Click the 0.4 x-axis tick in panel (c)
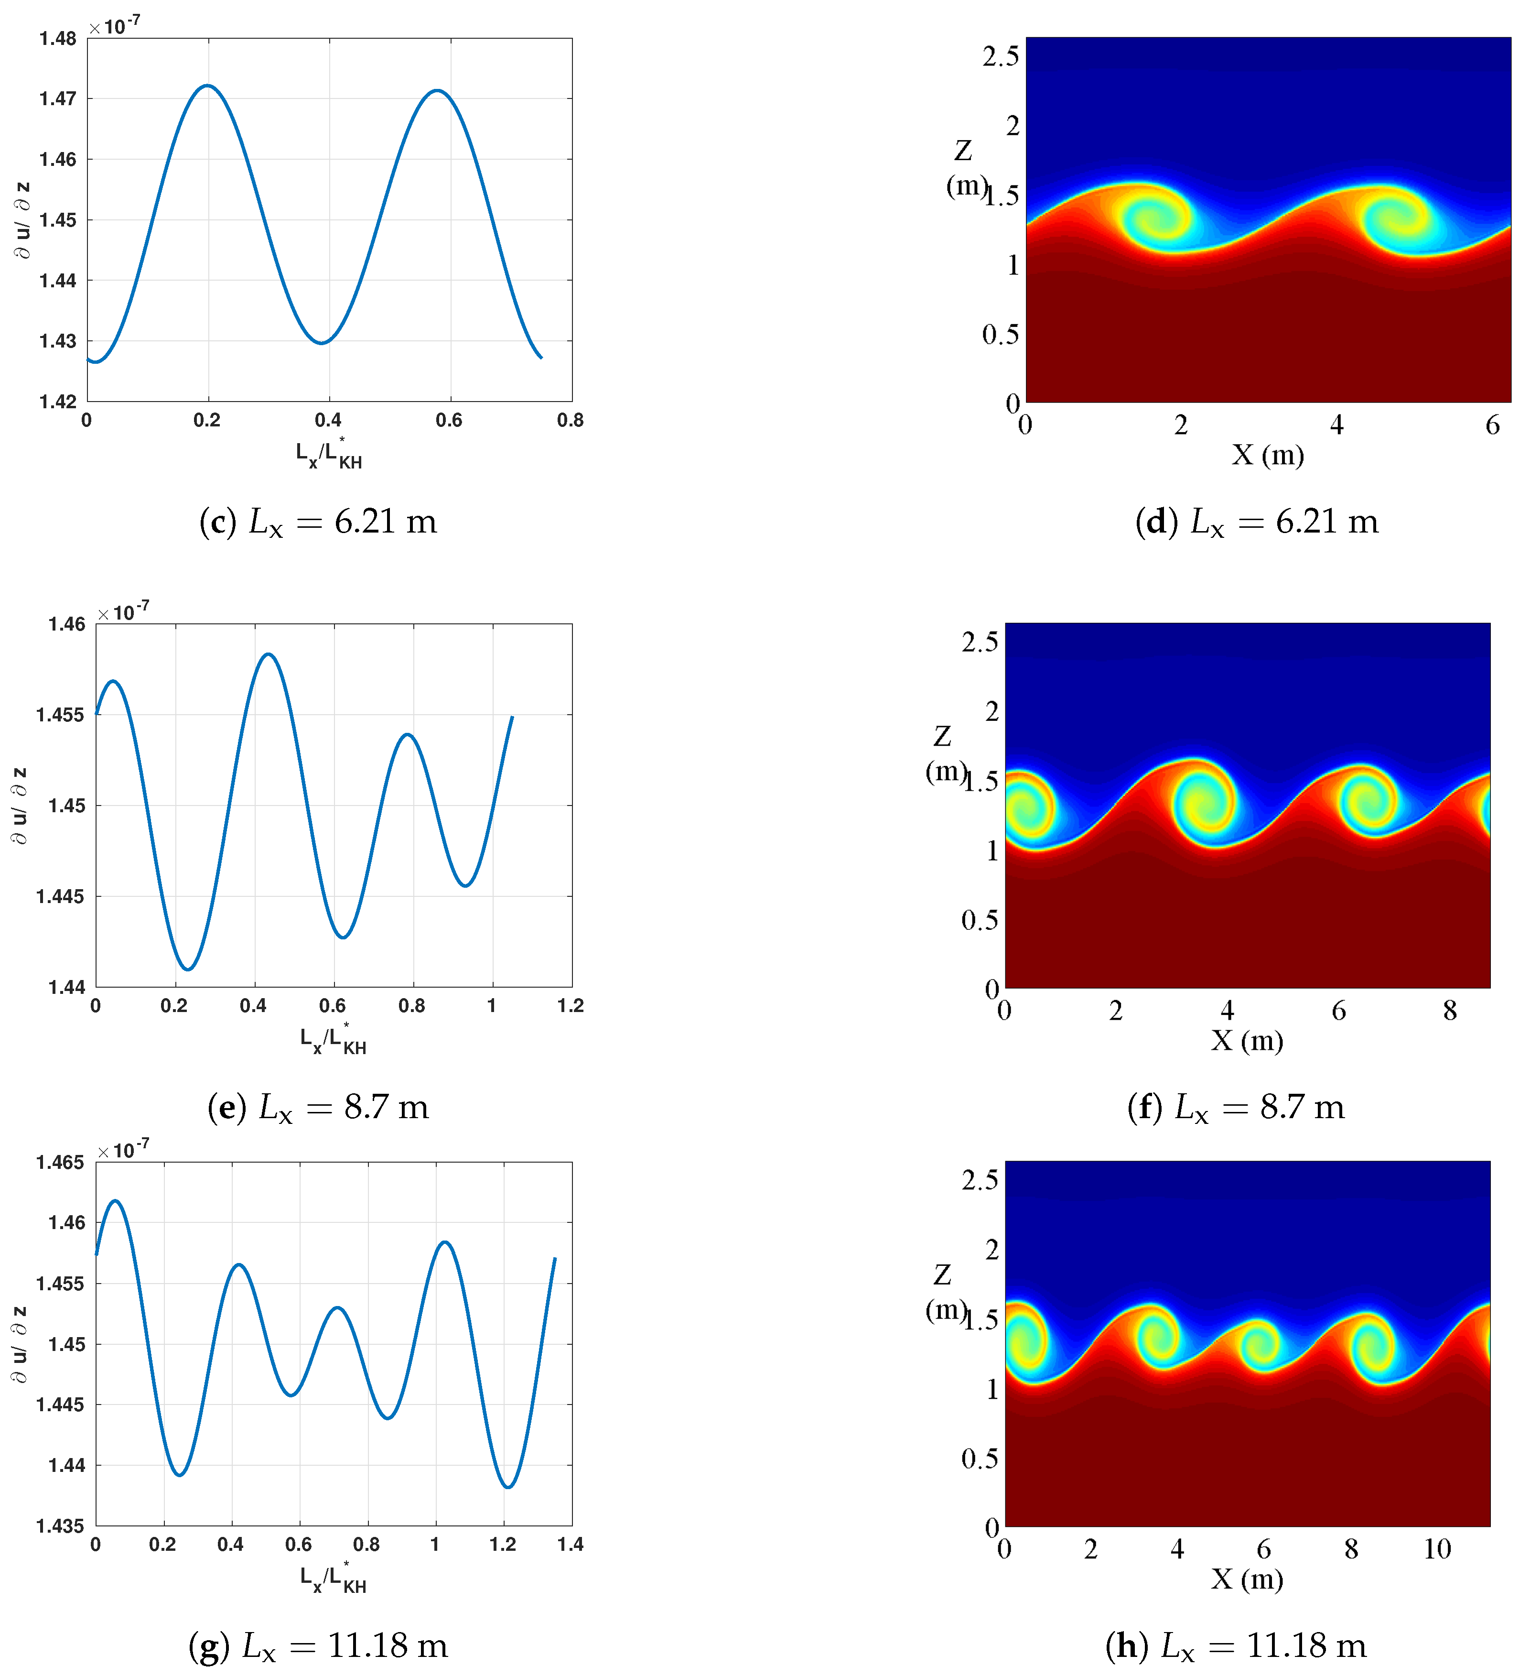point(328,421)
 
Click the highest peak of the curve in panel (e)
point(269,654)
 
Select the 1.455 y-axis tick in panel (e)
point(60,715)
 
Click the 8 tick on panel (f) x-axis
point(1450,1011)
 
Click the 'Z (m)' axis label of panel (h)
point(944,1292)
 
